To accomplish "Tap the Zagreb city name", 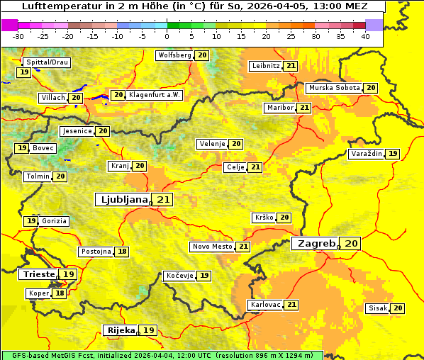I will pyautogui.click(x=316, y=243).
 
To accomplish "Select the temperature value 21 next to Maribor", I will pyautogui.click(x=304, y=107).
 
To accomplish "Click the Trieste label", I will pyautogui.click(x=38, y=274).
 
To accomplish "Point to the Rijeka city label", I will pyautogui.click(x=121, y=330).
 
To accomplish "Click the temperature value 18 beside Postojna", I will pyautogui.click(x=123, y=252).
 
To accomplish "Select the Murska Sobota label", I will pyautogui.click(x=334, y=88).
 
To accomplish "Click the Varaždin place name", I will pyautogui.click(x=367, y=154).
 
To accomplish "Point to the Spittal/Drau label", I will pyautogui.click(x=47, y=62).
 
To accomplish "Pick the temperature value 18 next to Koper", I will pyautogui.click(x=60, y=293).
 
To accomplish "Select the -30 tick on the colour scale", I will pyautogui.click(x=18, y=36).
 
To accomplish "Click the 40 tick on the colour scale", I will pyautogui.click(x=364, y=36).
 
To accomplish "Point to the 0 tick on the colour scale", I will pyautogui.click(x=167, y=36).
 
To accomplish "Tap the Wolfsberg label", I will pyautogui.click(x=174, y=55).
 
